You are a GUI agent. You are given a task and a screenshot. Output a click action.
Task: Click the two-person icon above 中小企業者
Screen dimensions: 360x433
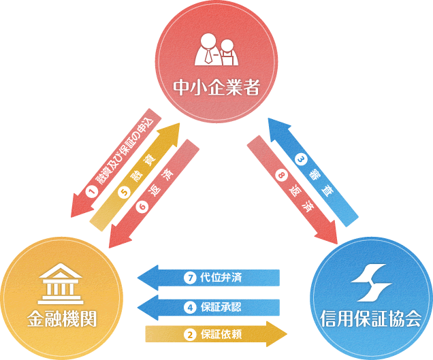216,51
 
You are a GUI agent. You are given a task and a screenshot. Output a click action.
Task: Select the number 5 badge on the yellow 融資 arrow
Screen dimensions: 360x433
124,192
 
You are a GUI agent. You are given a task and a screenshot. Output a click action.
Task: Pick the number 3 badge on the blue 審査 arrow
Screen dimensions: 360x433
302,161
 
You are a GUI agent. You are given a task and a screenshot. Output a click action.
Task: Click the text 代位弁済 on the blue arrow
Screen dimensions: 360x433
222,278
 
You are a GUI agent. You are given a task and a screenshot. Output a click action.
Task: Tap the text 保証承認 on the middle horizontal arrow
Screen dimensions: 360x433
222,306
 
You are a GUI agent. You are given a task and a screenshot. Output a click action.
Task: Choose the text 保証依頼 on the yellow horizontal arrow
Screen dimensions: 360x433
222,335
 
